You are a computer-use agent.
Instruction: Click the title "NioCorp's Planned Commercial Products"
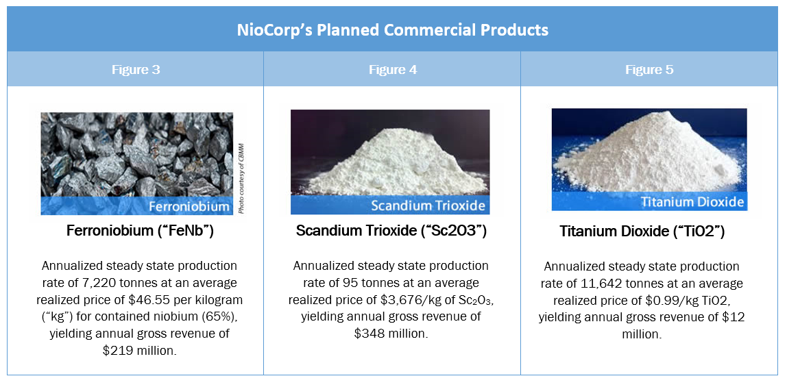[x=393, y=30]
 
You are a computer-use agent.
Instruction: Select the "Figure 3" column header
[x=136, y=69]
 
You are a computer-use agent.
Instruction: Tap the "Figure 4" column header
[x=393, y=69]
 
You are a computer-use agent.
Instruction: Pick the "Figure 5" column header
[x=649, y=69]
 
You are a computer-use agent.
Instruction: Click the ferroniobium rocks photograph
[x=136, y=164]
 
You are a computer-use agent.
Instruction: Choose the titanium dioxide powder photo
[x=649, y=160]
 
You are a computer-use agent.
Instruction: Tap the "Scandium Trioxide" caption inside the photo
[x=428, y=205]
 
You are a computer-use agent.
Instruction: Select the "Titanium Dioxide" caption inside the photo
[x=692, y=202]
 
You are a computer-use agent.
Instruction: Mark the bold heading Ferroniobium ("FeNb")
[x=140, y=231]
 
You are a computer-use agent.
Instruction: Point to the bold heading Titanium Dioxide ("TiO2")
[x=642, y=232]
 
